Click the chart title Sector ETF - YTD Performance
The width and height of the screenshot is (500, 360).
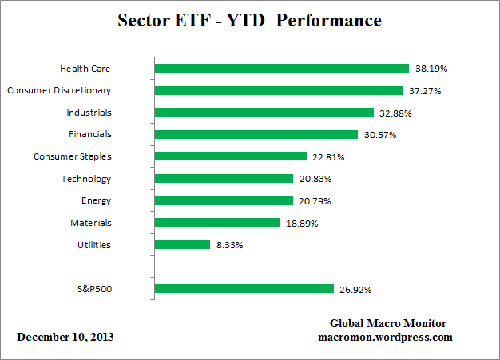(x=250, y=19)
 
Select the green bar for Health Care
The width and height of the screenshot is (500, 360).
(x=281, y=69)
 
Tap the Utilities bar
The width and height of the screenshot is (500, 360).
(x=181, y=245)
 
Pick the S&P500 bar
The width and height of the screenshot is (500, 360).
(x=244, y=289)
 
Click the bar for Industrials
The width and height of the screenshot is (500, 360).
(x=264, y=113)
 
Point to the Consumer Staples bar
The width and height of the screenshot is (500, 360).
(x=230, y=156)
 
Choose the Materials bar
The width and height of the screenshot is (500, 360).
(x=216, y=223)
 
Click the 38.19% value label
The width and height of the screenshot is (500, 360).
(x=431, y=69)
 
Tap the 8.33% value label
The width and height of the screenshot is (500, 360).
(x=229, y=245)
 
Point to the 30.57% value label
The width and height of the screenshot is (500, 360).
(x=380, y=135)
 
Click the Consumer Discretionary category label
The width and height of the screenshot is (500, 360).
(x=59, y=90)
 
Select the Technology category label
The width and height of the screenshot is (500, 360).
(x=86, y=179)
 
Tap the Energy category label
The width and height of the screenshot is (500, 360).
(x=96, y=201)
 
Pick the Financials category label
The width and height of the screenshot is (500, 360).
(x=89, y=135)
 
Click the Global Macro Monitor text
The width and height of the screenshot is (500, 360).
(x=388, y=323)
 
